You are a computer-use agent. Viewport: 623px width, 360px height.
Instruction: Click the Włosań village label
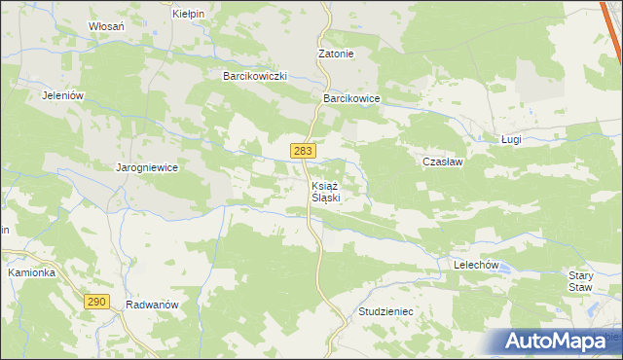[106, 26]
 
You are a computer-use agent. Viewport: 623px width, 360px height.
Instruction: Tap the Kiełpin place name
[187, 14]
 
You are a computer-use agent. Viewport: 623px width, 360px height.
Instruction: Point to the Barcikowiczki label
[254, 75]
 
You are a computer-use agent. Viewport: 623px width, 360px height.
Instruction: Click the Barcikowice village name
[350, 98]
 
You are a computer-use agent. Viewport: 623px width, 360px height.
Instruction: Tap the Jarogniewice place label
[147, 167]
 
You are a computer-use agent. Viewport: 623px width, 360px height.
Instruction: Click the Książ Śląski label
[325, 191]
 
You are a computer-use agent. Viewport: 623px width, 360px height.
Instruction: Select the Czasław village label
[442, 162]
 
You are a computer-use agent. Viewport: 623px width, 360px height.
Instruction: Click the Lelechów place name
[476, 265]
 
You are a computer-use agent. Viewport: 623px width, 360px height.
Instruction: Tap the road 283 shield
[302, 150]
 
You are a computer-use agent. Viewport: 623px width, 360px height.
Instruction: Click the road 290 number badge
[95, 302]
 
